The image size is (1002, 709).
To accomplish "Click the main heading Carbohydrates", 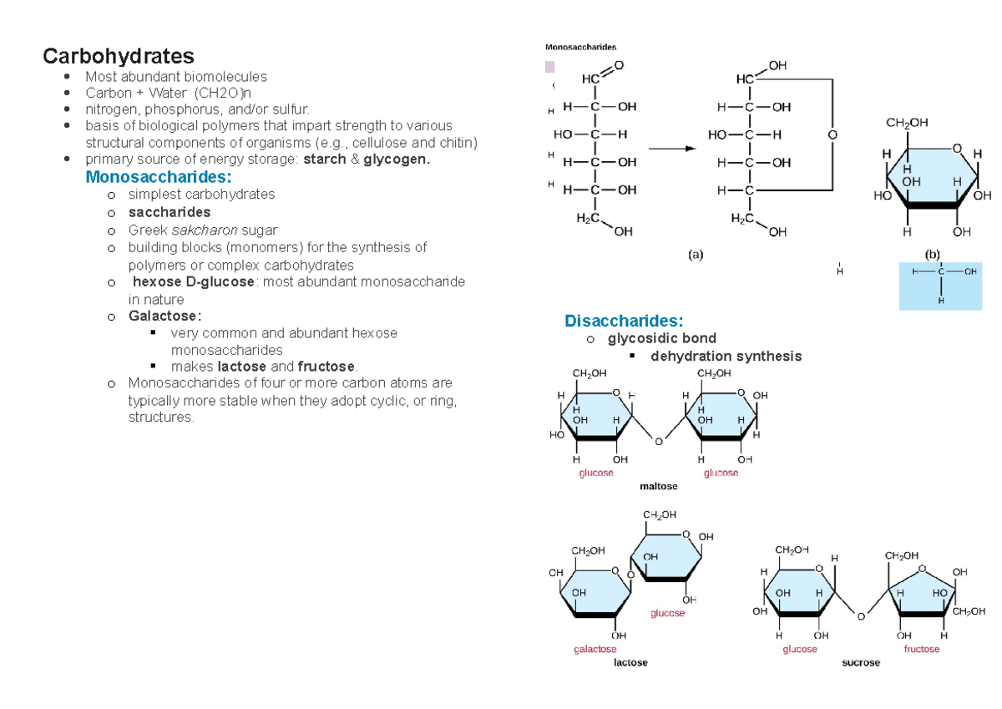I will [x=119, y=56].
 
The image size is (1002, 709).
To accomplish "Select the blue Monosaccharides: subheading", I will [x=158, y=177].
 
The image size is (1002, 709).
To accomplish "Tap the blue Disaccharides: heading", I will [x=624, y=321].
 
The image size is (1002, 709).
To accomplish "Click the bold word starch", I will [x=325, y=159].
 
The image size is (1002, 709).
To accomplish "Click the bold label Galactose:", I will [x=164, y=316].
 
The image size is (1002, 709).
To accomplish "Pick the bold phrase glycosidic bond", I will [x=662, y=338].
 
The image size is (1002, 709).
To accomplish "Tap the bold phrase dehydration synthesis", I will [x=726, y=356].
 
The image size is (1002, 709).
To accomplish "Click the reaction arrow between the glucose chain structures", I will [x=673, y=149].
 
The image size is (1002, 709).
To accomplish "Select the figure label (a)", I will [x=695, y=256].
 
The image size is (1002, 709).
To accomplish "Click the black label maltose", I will [x=658, y=486].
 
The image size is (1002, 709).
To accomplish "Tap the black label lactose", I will [x=630, y=662].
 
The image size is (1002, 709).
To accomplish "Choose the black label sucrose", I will [x=860, y=662].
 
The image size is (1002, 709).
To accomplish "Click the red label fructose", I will [x=921, y=649].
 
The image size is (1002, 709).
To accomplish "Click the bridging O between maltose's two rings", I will [x=658, y=441].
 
